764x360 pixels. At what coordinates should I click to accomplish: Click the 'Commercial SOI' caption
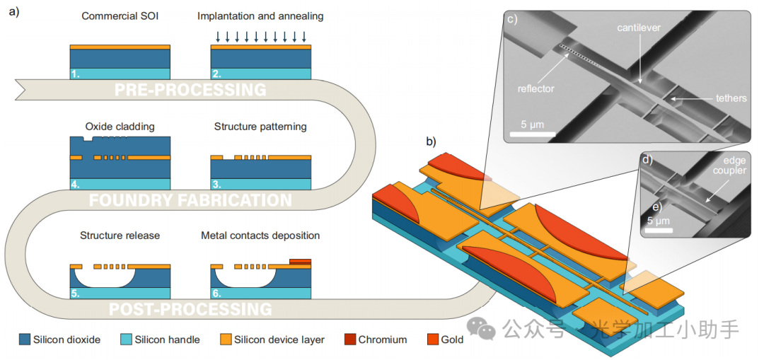pos(120,16)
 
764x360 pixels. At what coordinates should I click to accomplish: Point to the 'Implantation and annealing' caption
pos(260,16)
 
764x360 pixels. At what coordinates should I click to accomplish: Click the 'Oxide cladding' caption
pos(120,127)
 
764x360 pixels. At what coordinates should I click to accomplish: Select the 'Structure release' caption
pos(120,236)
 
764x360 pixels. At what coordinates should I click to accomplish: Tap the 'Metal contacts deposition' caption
pos(260,236)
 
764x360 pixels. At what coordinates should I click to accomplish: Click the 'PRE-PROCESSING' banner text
pos(190,90)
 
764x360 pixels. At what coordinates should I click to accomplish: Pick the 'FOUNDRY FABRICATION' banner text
pos(190,199)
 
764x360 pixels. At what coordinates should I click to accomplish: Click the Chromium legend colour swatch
pos(350,339)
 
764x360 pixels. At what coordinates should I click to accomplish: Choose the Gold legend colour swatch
pos(433,339)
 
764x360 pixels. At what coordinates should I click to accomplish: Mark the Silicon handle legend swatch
pos(126,339)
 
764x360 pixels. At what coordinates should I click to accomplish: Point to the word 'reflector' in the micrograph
pos(536,88)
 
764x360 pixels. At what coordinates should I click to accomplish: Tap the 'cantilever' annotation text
pos(639,28)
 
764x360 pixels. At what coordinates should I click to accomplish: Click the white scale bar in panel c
pos(533,133)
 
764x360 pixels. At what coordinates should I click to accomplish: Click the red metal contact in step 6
pos(300,262)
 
